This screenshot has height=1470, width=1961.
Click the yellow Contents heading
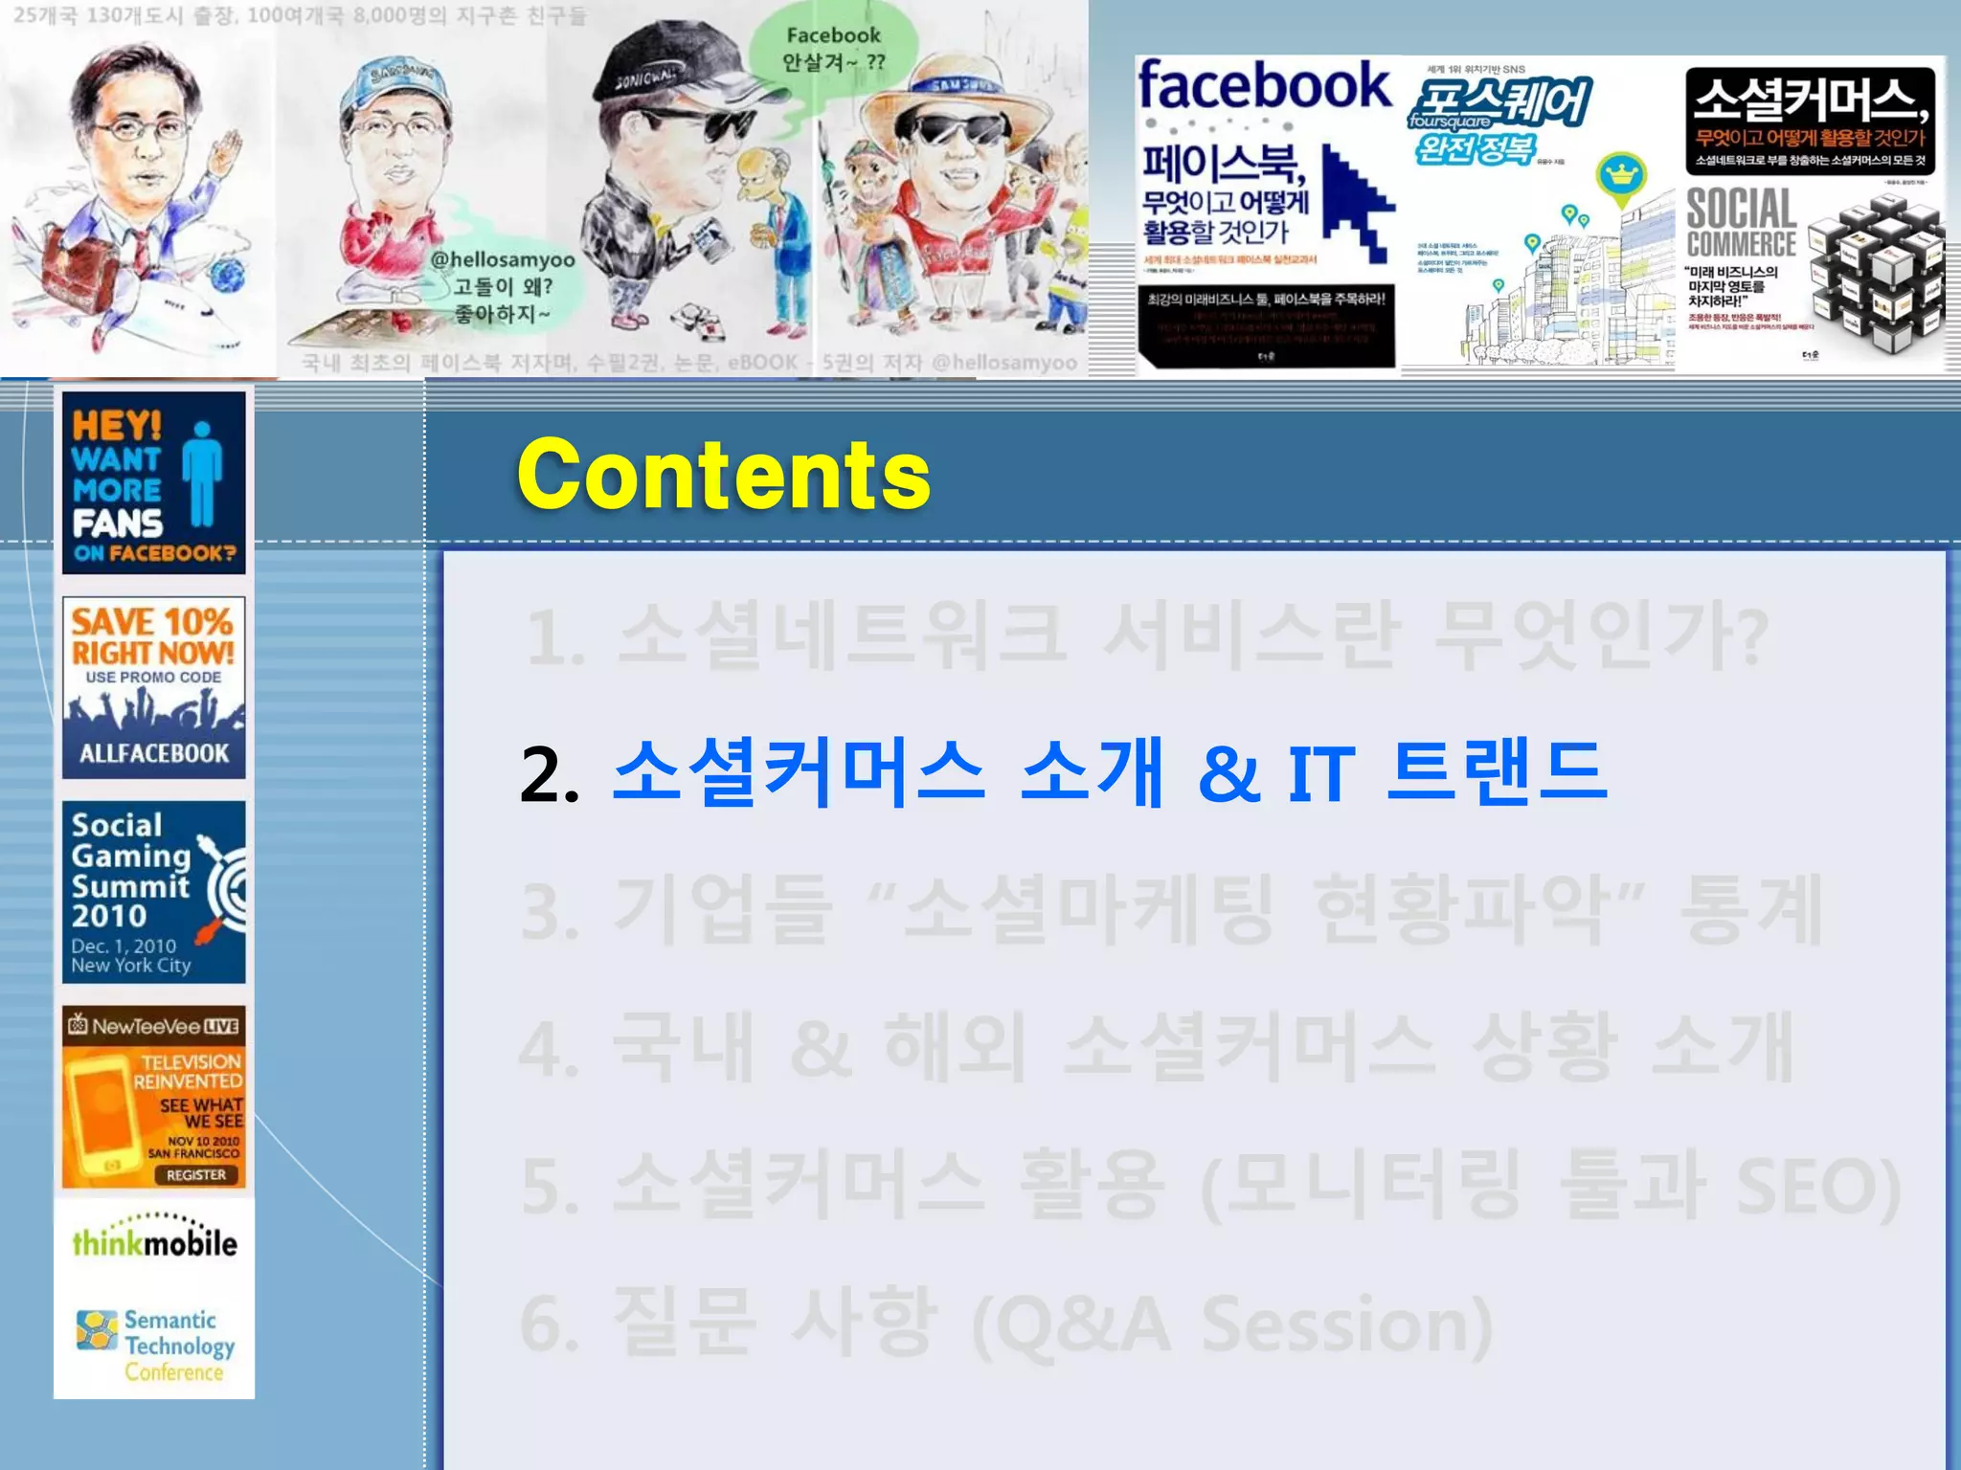[723, 475]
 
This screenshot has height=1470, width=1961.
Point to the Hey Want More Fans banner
[153, 483]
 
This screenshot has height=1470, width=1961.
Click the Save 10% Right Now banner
[153, 687]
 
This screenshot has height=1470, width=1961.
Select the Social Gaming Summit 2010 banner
[153, 892]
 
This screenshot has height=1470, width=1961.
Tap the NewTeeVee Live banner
[153, 1097]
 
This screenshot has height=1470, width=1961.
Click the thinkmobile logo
[154, 1241]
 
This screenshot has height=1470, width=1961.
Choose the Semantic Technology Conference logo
[158, 1345]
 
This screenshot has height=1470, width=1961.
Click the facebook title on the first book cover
[1264, 86]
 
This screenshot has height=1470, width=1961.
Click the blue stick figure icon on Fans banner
[202, 474]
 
